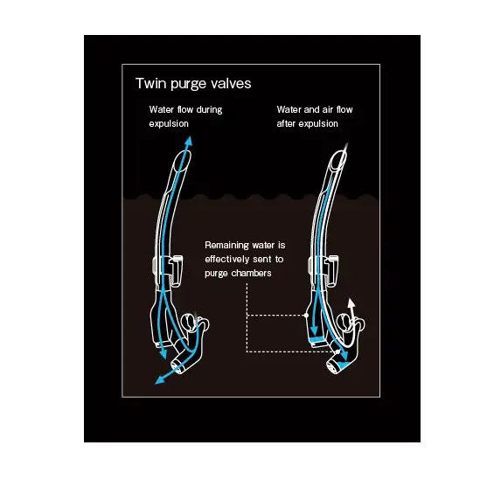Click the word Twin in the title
151,83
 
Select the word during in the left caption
209,109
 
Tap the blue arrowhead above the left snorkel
189,141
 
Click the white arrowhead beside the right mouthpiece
351,303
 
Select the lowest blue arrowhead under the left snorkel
158,380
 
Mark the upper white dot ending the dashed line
306,316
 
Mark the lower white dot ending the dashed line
337,351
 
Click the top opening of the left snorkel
182,162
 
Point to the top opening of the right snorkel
338,162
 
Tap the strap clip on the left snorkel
176,270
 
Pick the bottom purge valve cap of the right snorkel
333,366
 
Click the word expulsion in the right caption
318,124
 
